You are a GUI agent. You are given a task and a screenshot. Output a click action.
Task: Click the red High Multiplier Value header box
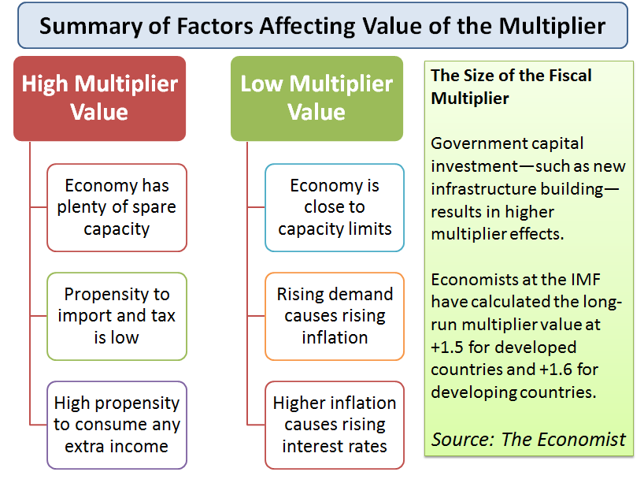[99, 98]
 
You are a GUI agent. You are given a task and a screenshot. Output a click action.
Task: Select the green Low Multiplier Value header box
[316, 98]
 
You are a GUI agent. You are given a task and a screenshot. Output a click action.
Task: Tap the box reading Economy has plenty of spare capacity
[117, 207]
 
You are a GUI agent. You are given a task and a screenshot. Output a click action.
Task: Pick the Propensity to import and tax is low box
[117, 316]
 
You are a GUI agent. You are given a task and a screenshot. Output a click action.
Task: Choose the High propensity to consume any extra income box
[117, 425]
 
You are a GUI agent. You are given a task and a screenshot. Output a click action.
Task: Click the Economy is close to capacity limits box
[335, 207]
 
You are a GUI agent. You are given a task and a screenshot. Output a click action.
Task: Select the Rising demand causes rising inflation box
[335, 316]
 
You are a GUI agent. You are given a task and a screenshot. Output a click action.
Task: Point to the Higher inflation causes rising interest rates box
[335, 425]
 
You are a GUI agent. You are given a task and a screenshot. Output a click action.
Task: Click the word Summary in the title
[91, 27]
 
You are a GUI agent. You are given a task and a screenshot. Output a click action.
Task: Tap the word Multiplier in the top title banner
[553, 26]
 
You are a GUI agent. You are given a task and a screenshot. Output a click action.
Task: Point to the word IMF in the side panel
[585, 280]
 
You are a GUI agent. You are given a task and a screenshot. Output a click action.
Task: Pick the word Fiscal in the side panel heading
[570, 75]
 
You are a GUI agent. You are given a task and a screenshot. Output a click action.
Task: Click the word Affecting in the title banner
[307, 27]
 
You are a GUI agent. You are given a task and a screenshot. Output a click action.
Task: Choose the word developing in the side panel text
[473, 392]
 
